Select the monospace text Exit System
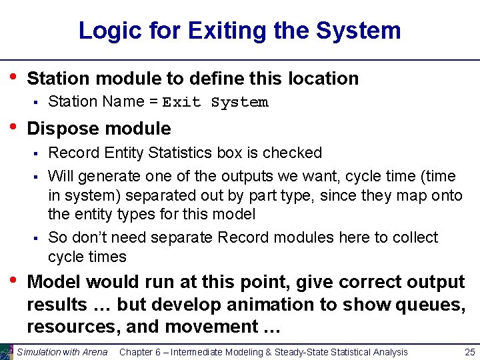pos(215,103)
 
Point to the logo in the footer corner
pos(6,352)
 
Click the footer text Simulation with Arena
pos(62,352)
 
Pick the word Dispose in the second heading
pos(59,129)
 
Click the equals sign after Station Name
pos(153,102)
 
